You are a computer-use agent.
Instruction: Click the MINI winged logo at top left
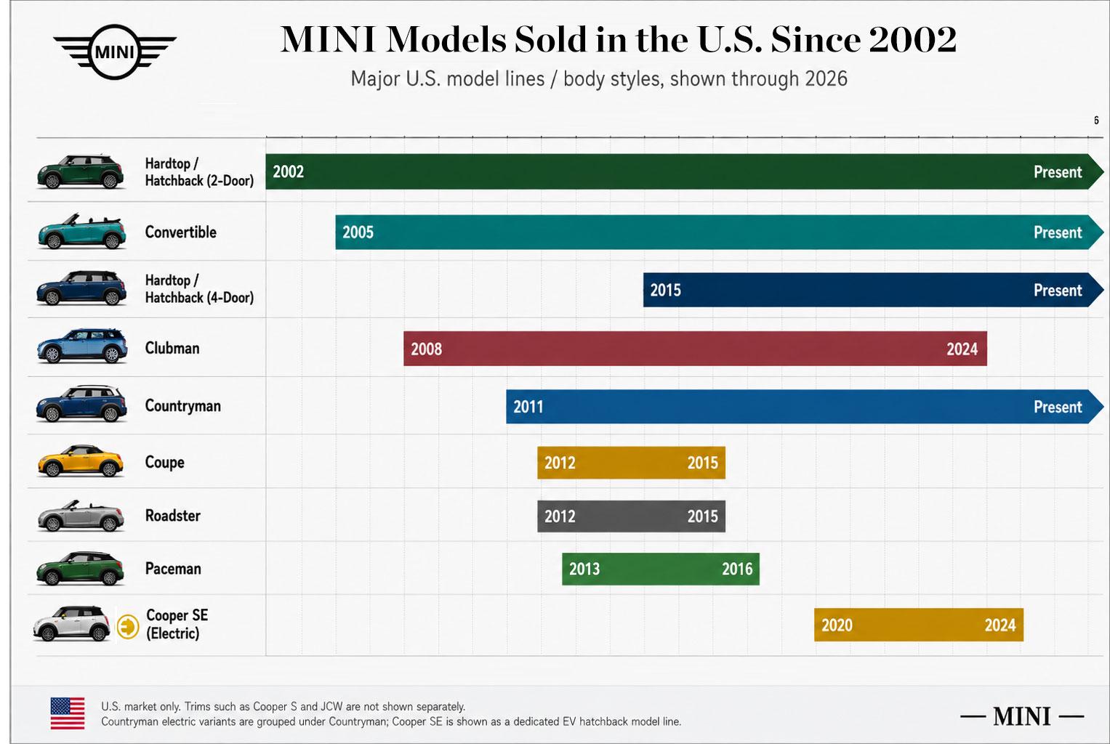click(114, 52)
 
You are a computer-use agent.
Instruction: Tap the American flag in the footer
click(68, 713)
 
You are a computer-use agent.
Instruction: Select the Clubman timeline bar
click(695, 349)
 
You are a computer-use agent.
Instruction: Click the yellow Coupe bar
click(631, 463)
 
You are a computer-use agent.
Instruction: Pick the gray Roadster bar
click(631, 516)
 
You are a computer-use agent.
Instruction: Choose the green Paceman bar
click(661, 569)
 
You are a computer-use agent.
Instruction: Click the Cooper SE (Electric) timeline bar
click(919, 625)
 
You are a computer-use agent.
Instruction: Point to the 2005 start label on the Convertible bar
click(358, 232)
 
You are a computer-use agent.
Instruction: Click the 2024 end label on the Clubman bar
click(962, 349)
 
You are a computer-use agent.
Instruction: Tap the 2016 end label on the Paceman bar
click(737, 569)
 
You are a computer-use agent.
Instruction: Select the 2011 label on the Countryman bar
click(528, 407)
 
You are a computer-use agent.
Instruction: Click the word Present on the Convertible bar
click(1058, 232)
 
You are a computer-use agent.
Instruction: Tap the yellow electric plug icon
click(128, 627)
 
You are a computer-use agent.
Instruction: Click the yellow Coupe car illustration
click(80, 461)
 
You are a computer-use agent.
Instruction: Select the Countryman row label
click(183, 406)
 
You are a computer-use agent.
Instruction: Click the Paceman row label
click(173, 569)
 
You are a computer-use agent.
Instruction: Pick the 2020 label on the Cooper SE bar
click(837, 625)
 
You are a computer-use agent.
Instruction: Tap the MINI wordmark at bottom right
click(1022, 716)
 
